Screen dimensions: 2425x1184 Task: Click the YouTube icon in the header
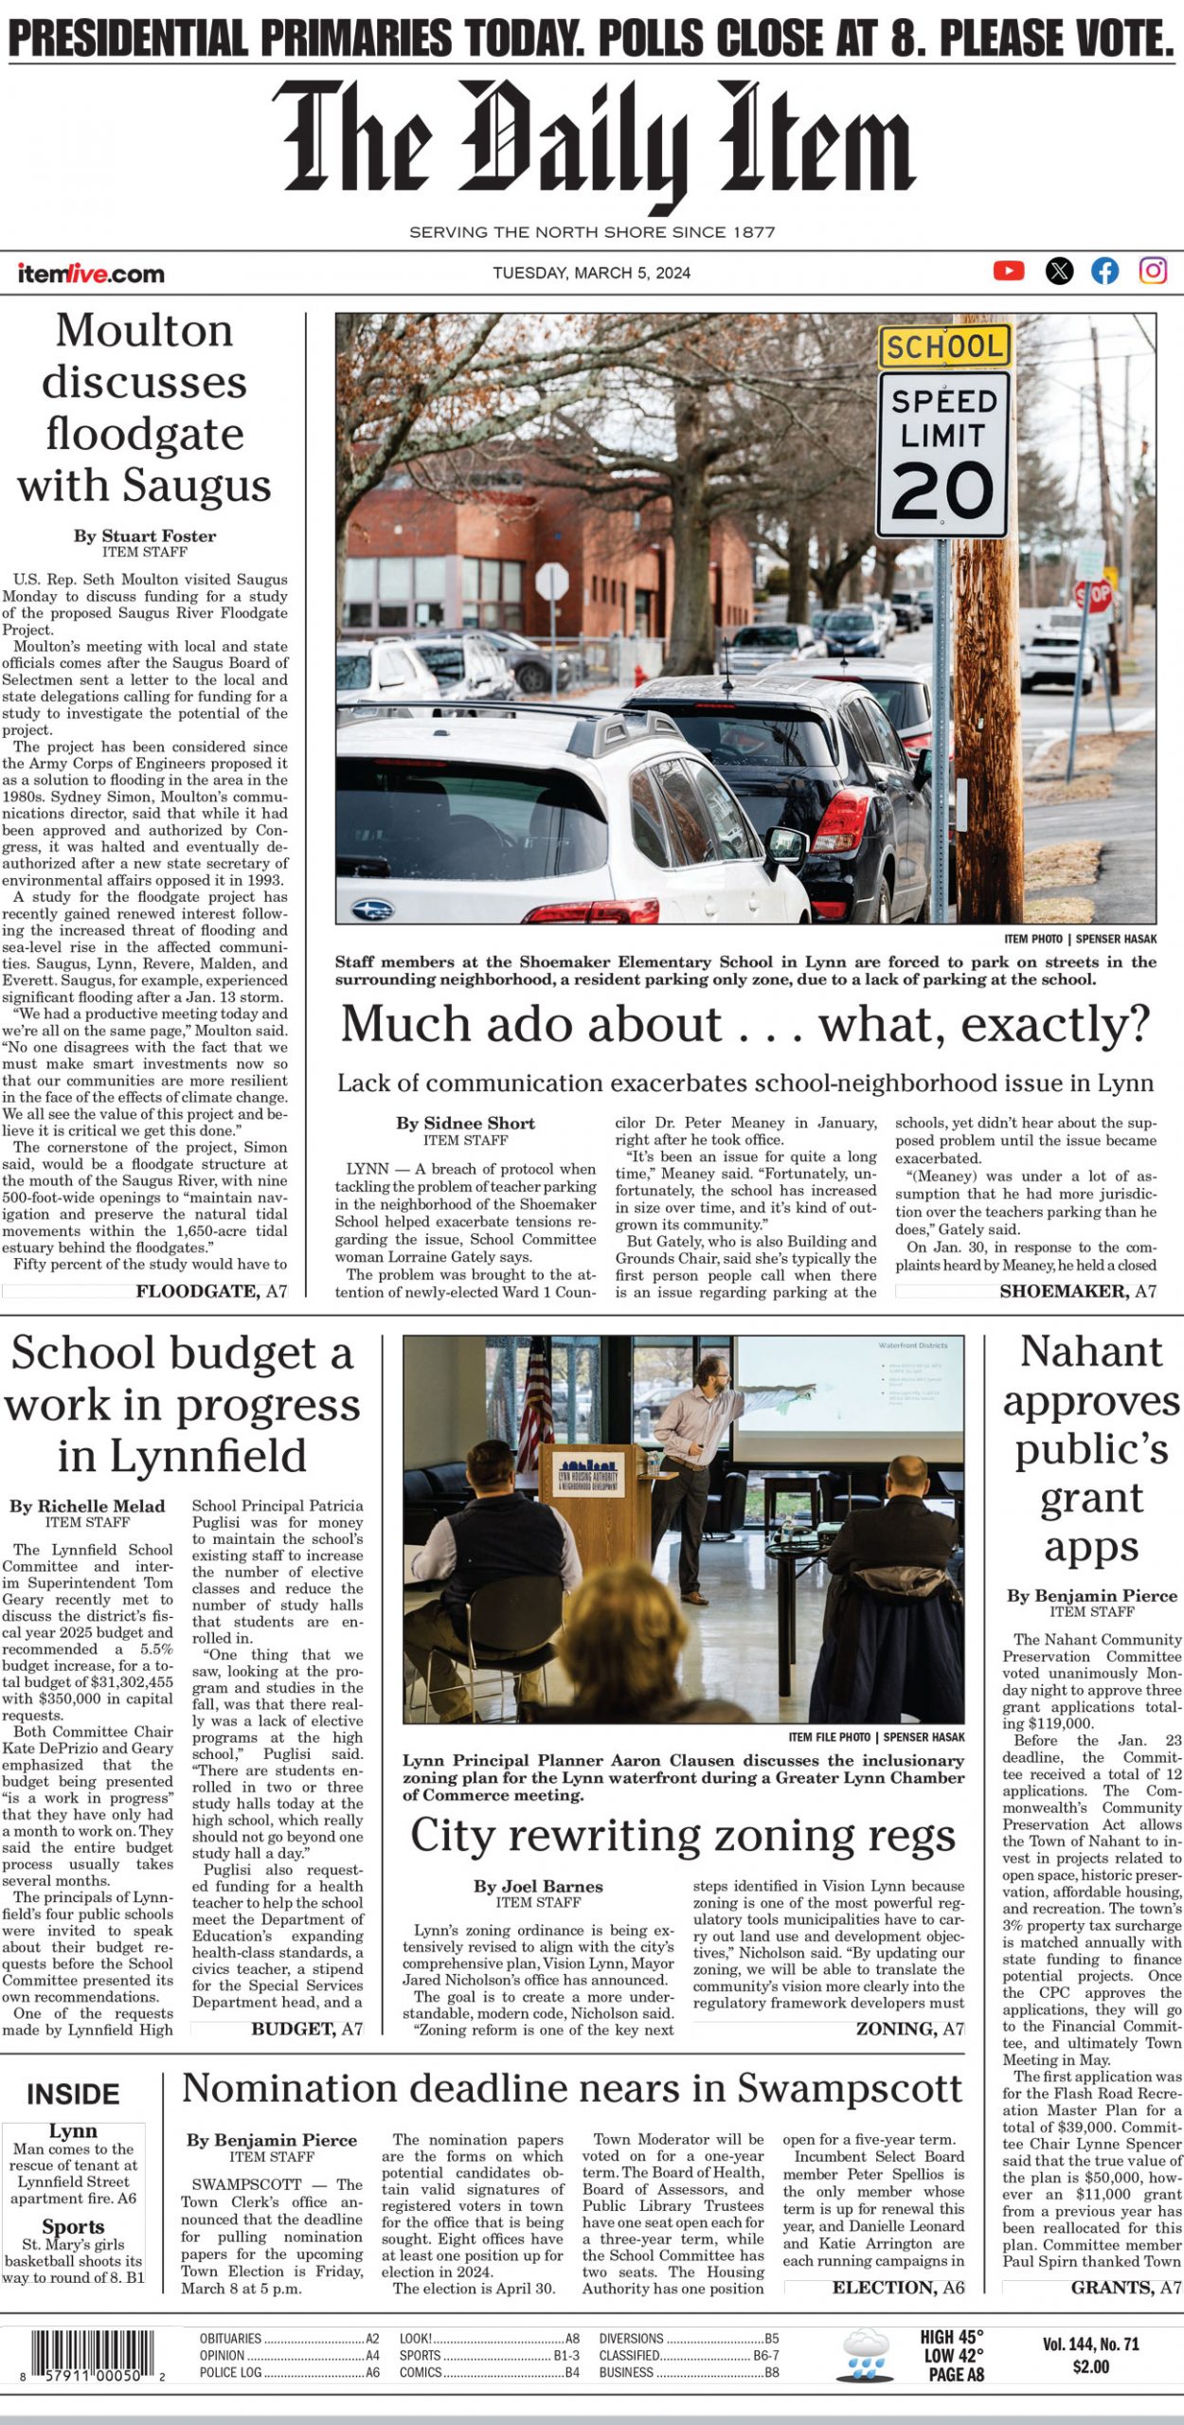(1009, 271)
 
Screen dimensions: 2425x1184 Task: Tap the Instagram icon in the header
(1152, 271)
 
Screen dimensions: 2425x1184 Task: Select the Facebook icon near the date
(1104, 271)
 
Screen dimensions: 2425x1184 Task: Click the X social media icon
(1059, 271)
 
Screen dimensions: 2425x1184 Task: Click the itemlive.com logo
(91, 274)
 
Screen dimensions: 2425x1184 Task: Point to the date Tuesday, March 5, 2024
(591, 273)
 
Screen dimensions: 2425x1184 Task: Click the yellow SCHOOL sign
(943, 347)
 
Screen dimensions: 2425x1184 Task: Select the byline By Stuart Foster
(145, 536)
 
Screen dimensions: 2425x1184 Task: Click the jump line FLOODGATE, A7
(210, 1291)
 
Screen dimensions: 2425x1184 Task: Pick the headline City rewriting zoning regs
(682, 1836)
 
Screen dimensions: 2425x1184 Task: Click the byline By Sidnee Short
(465, 1123)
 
